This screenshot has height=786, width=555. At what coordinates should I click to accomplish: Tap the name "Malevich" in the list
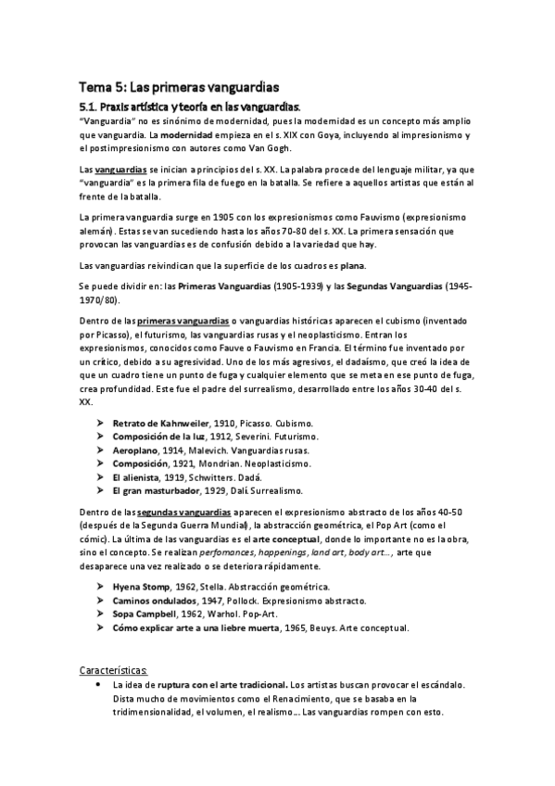click(221, 450)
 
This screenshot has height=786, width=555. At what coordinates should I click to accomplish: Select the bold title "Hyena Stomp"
click(146, 587)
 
